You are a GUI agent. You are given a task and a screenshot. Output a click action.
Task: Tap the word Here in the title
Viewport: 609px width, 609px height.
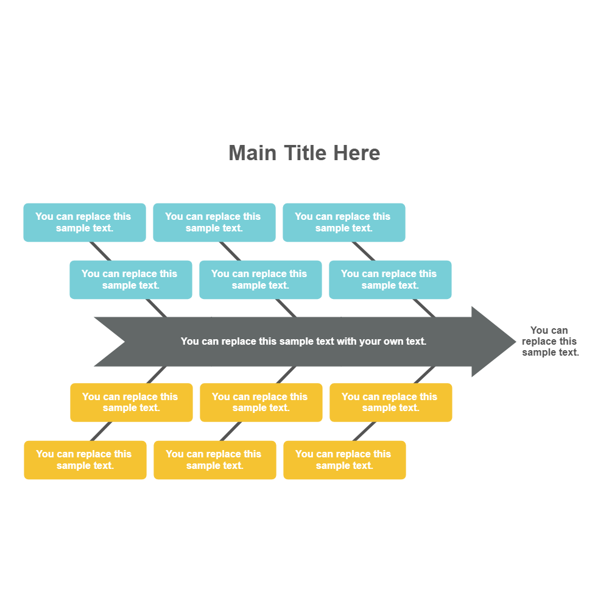[x=357, y=153]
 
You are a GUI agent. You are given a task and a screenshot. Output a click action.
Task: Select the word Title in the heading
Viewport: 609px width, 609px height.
[x=305, y=153]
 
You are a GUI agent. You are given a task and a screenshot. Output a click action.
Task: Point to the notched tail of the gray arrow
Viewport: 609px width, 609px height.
[x=110, y=342]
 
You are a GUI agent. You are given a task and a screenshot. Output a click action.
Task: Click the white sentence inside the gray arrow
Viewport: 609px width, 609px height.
[x=303, y=342]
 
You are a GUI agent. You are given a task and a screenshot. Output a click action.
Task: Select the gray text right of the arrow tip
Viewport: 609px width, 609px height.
[x=549, y=342]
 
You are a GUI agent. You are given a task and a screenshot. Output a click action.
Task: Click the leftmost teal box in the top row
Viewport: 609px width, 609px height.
[x=85, y=222]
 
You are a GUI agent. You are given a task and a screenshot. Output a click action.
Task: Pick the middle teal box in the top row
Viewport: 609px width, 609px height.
[x=214, y=222]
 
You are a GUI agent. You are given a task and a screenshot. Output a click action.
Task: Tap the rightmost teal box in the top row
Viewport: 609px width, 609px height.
[x=344, y=222]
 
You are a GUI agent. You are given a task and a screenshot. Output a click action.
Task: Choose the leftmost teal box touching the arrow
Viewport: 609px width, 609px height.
[x=131, y=280]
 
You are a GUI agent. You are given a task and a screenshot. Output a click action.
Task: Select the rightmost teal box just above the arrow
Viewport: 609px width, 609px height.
[x=390, y=280]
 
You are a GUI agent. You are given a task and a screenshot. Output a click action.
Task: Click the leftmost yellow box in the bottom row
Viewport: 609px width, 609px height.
[x=85, y=460]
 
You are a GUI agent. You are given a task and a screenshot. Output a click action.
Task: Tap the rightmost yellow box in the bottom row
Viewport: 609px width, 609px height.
[x=345, y=460]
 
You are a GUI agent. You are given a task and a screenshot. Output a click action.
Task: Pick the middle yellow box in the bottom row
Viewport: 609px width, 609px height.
[x=215, y=460]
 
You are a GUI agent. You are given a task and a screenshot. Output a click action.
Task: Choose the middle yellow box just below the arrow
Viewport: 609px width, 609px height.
[x=261, y=403]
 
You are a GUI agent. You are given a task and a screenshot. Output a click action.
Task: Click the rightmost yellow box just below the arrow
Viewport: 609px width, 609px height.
[x=391, y=403]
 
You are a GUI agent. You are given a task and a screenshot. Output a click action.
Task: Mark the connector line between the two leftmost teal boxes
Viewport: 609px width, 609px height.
[x=100, y=251]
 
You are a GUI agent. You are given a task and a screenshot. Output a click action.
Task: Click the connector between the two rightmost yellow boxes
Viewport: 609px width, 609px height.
[x=364, y=431]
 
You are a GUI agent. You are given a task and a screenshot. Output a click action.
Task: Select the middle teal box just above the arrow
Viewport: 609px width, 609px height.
[x=261, y=280]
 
